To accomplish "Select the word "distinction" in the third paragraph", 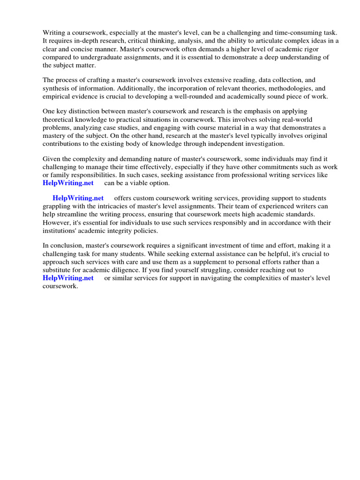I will [88, 111].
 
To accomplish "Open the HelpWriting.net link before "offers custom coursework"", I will [78, 198].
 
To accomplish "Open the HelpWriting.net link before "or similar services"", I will [68, 278].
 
